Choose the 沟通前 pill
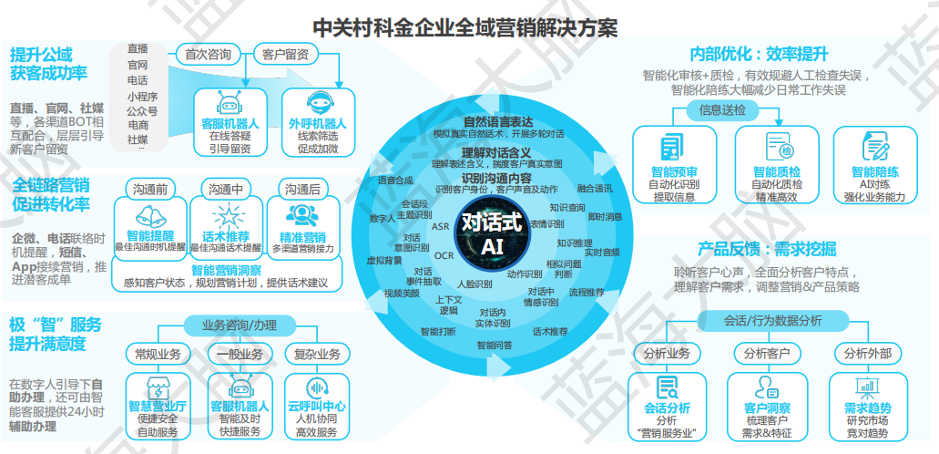pyautogui.click(x=148, y=189)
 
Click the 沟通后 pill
pyautogui.click(x=302, y=189)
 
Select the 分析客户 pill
pyautogui.click(x=766, y=353)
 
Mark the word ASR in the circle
pyautogui.click(x=440, y=226)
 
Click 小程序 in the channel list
pyautogui.click(x=142, y=95)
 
